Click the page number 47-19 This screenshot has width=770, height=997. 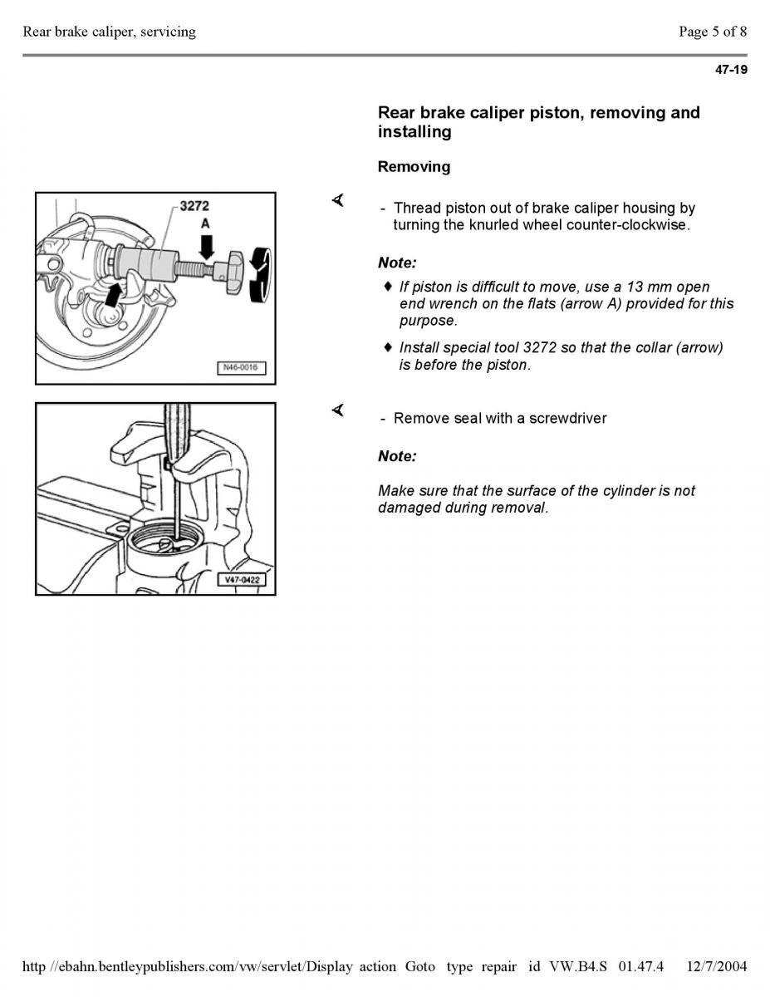(731, 70)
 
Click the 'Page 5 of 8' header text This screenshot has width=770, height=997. (712, 32)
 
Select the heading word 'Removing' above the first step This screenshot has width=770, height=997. (414, 167)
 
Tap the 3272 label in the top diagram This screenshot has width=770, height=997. (194, 205)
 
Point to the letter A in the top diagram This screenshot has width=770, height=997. (205, 223)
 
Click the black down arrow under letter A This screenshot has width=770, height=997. (207, 245)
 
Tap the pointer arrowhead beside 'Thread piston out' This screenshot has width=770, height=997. (338, 201)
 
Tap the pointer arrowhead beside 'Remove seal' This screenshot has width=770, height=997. (338, 410)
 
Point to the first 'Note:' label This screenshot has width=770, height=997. (397, 263)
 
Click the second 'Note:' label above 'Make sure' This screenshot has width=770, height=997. (397, 456)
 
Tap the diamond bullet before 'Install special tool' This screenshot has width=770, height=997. (387, 346)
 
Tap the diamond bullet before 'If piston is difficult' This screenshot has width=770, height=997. (387, 287)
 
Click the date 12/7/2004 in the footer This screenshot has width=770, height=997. (717, 966)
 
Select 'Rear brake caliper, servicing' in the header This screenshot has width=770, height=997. (110, 32)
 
